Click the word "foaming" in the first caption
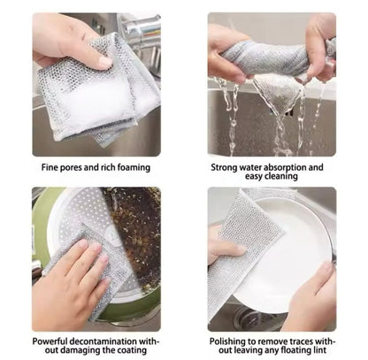point(130,166)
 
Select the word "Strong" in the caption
point(228,165)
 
